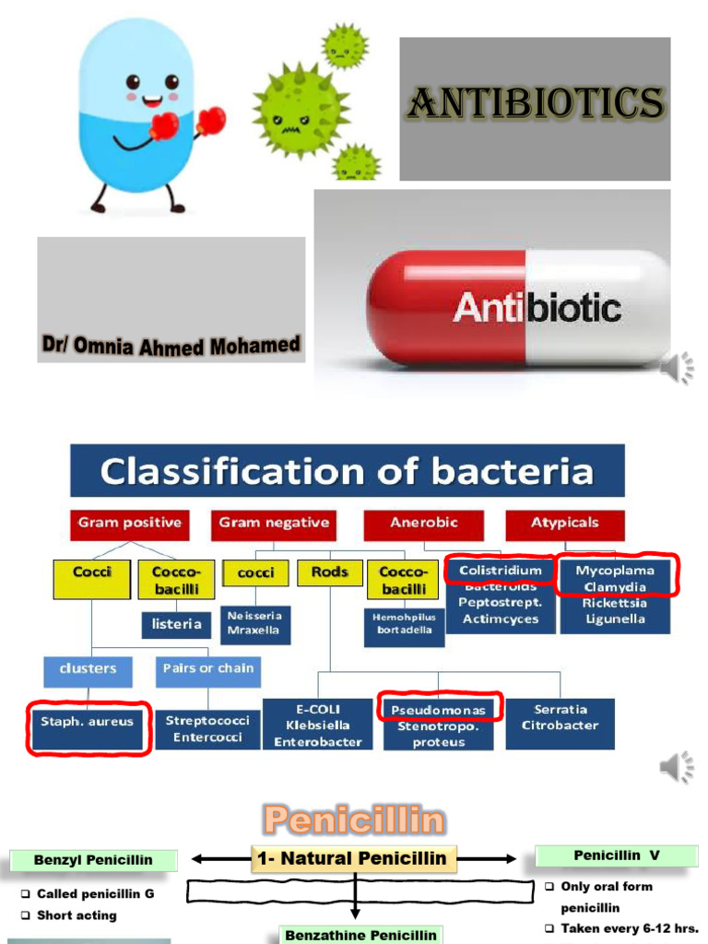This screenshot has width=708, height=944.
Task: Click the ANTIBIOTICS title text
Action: [535, 102]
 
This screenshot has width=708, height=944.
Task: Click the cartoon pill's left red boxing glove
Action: [162, 126]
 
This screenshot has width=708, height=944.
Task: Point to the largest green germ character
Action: [298, 108]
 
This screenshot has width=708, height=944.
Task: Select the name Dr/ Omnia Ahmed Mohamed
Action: [171, 347]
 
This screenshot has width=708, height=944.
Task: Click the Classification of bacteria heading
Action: [347, 471]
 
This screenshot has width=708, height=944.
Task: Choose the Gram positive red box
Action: [130, 523]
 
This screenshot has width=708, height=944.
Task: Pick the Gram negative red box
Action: [274, 523]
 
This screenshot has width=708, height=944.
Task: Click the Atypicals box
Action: [564, 523]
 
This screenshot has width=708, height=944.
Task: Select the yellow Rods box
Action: [329, 572]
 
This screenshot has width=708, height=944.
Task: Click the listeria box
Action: [177, 624]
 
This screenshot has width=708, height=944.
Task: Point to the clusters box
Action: [88, 669]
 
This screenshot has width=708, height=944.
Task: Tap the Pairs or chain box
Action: [207, 669]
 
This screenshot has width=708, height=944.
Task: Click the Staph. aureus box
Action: [88, 722]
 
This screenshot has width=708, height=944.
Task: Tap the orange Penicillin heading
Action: [354, 819]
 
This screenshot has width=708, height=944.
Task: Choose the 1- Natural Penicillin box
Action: [353, 858]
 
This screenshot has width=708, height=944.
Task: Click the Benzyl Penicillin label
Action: [81, 861]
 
